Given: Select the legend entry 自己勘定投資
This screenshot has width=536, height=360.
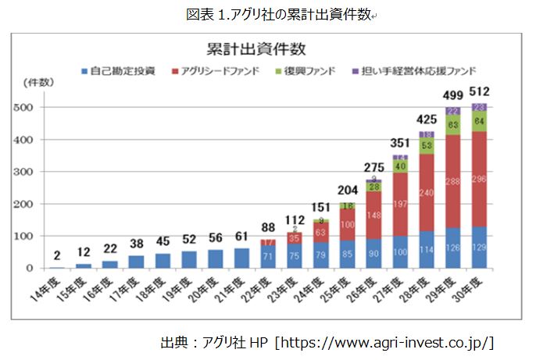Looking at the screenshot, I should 123,70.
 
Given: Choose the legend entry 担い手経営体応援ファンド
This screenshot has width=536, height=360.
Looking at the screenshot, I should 419,70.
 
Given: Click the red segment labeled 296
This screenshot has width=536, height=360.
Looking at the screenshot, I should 479,179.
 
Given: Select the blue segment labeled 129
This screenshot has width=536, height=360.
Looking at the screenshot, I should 479,248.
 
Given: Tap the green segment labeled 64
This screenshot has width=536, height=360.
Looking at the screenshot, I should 479,121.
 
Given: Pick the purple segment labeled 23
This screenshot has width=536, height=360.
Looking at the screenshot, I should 479,108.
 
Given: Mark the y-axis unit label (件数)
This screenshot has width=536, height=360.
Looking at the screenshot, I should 39,82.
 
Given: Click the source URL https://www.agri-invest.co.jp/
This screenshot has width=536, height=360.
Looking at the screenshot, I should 387,342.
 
